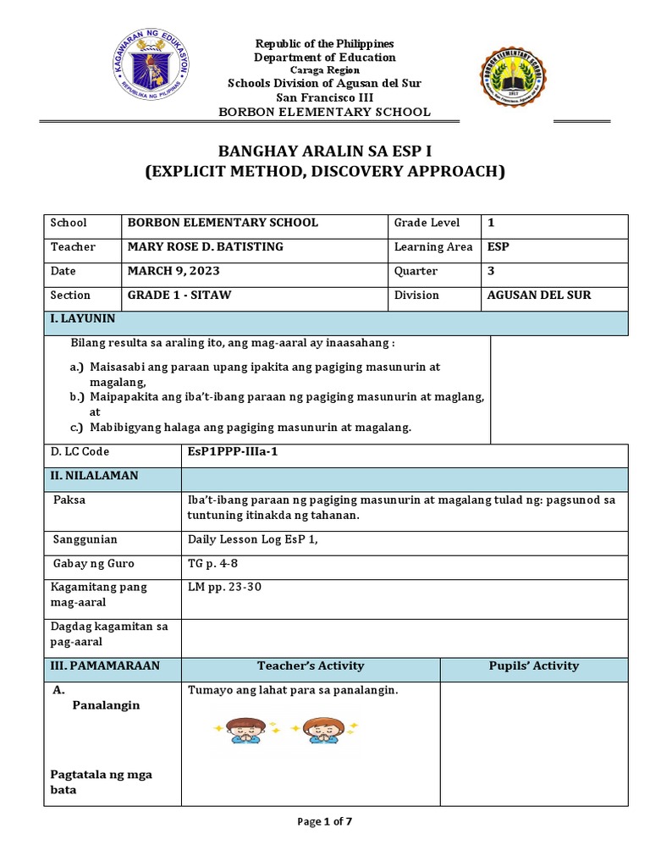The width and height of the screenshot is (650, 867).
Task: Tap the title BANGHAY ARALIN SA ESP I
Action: [324, 152]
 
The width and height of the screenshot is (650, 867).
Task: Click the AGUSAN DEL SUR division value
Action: [539, 295]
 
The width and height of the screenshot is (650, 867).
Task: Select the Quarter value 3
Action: [491, 271]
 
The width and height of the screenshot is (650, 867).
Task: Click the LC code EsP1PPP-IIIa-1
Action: [232, 452]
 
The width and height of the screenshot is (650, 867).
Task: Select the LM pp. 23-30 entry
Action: [224, 587]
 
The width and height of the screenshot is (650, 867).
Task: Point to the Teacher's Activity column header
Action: [311, 665]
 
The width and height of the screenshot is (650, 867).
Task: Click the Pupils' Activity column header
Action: [533, 665]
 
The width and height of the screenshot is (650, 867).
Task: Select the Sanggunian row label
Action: [85, 539]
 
